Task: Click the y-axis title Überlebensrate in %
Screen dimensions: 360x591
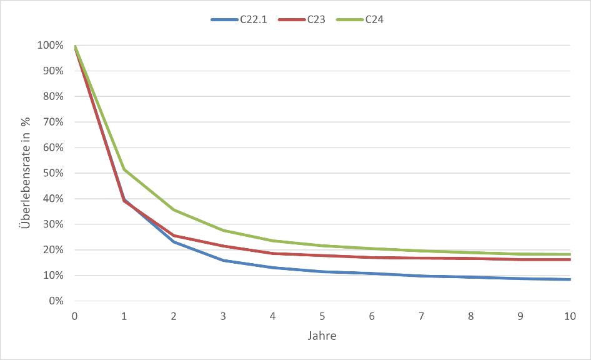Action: tap(26, 173)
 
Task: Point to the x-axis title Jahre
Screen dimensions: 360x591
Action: tap(322, 336)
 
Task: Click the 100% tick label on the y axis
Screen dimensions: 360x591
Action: tap(51, 46)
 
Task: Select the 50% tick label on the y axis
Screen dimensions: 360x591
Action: tap(52, 173)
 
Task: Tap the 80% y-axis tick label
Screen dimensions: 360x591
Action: tap(52, 97)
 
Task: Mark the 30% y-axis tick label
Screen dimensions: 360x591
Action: tap(52, 224)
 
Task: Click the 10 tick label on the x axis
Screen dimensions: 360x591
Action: tap(570, 317)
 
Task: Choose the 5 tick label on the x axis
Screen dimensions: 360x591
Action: tap(322, 317)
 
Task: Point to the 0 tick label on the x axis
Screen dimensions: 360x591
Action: tap(75, 317)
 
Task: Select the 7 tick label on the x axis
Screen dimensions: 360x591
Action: tap(422, 317)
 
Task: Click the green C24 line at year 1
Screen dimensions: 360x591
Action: tap(124, 169)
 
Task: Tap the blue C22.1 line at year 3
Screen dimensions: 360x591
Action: tap(224, 260)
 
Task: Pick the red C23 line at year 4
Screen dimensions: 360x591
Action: tap(273, 253)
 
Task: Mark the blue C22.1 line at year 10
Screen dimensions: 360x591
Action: tap(569, 279)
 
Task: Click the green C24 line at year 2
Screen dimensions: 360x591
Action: tap(174, 210)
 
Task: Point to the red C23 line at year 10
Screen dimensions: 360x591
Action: tap(569, 259)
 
